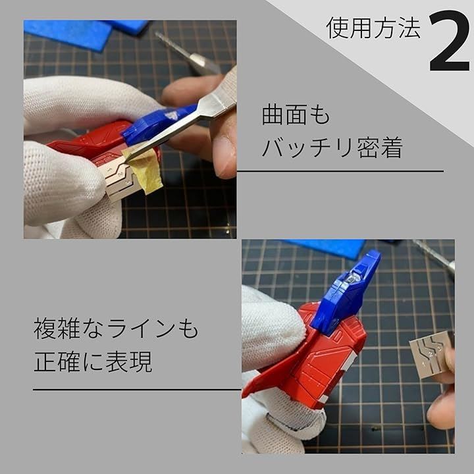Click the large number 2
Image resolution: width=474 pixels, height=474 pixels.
[x=449, y=41]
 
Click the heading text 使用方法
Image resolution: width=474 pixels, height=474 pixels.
[x=373, y=28]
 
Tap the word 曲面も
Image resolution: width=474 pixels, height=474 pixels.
[x=296, y=115]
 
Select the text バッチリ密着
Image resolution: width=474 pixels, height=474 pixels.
[x=332, y=147]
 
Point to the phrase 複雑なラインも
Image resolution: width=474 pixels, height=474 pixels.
[x=116, y=329]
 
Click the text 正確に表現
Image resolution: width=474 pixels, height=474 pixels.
[x=93, y=361]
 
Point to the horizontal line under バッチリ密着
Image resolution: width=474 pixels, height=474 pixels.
[x=340, y=171]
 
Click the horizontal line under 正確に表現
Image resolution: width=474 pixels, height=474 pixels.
[x=137, y=390]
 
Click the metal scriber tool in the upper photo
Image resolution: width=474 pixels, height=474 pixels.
[x=188, y=53]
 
